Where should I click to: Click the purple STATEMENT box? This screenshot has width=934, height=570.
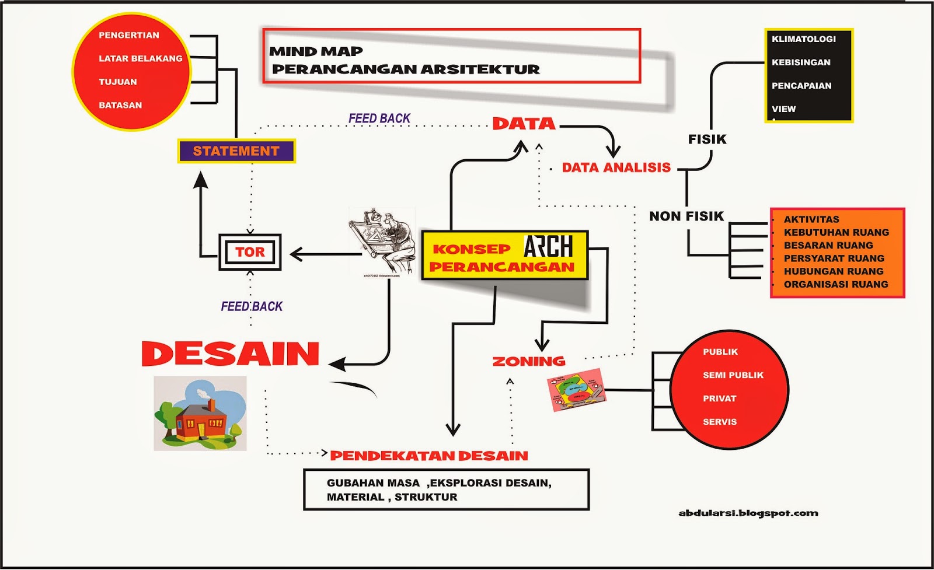click(x=236, y=151)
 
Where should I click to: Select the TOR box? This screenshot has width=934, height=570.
click(x=250, y=252)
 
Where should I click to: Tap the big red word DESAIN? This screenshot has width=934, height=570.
click(x=231, y=354)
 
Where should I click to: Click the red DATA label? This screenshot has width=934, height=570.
click(x=524, y=124)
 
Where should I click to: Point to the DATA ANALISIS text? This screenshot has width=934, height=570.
click(x=616, y=168)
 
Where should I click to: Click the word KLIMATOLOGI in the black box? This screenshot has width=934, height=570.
click(x=803, y=39)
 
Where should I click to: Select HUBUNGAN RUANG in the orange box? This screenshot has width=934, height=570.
click(x=833, y=271)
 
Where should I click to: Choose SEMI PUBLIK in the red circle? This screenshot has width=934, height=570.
click(x=733, y=375)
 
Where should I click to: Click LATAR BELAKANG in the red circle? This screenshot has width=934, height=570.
click(x=140, y=58)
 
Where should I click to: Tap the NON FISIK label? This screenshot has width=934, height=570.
click(x=686, y=216)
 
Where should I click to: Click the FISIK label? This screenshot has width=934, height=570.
click(x=707, y=139)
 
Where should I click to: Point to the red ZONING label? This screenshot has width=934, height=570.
click(x=529, y=362)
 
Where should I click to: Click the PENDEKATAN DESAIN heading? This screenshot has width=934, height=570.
click(x=428, y=456)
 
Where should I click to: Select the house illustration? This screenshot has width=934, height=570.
click(x=200, y=413)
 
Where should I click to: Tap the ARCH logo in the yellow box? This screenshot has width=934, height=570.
click(x=548, y=246)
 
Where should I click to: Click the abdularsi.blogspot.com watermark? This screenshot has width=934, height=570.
click(x=748, y=513)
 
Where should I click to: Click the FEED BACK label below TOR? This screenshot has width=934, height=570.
click(x=252, y=306)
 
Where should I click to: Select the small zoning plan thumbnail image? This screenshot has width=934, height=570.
click(x=576, y=389)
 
